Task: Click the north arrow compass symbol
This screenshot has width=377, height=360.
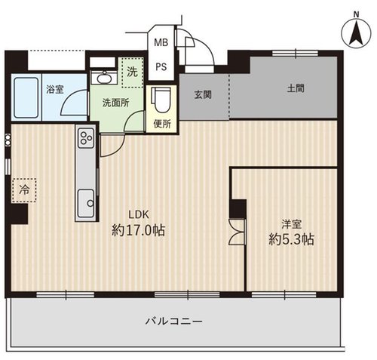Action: (356, 32)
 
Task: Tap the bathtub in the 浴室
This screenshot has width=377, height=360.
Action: (26, 97)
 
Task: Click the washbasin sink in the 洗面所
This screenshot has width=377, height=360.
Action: (104, 78)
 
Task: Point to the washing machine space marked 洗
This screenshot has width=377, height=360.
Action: (132, 72)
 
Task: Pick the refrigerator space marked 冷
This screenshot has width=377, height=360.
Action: (24, 190)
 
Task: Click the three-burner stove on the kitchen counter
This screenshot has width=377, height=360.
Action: (86, 138)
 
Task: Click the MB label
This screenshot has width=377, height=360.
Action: (161, 42)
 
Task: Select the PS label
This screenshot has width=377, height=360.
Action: (161, 67)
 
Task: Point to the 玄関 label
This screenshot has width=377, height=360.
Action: (203, 95)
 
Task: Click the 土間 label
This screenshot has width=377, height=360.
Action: (296, 88)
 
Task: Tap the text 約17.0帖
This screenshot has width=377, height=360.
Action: (138, 230)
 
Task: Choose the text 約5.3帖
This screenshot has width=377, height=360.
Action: (292, 239)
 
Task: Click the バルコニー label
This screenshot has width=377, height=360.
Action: (174, 322)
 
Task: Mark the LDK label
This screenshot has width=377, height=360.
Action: (139, 215)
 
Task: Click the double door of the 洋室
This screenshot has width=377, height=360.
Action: (238, 232)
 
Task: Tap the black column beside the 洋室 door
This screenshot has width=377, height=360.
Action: (238, 208)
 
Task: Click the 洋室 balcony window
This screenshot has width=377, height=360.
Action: (284, 295)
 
